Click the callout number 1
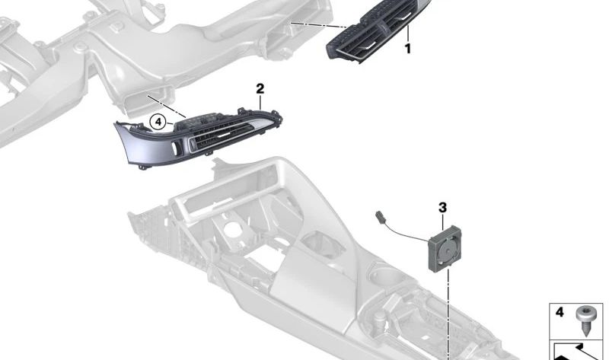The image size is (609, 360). (x=408, y=49)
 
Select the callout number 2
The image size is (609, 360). (x=260, y=89)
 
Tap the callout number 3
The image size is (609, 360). (x=443, y=208)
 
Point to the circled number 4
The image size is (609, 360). (x=158, y=123)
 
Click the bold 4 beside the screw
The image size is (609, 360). (x=560, y=312)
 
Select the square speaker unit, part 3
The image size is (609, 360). (x=445, y=248)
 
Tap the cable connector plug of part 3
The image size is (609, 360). (x=380, y=217)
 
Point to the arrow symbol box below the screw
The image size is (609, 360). (x=576, y=351)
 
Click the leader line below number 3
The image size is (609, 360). (x=443, y=221)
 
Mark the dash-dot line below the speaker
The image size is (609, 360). (x=448, y=314)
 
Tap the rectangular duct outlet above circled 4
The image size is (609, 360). (x=149, y=100)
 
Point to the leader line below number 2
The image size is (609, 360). (x=260, y=103)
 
